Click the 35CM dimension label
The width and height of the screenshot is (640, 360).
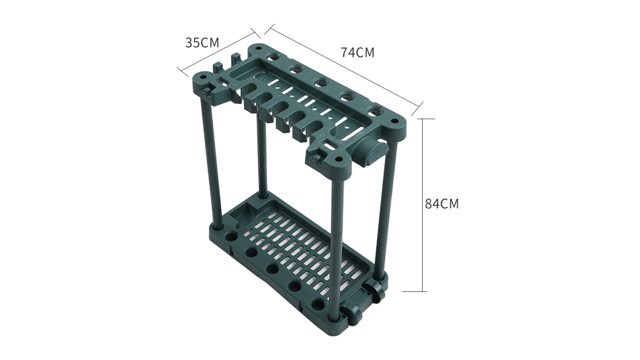pyautogui.click(x=202, y=43)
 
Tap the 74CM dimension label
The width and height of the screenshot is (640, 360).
pyautogui.click(x=358, y=53)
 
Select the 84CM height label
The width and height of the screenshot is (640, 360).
pyautogui.click(x=442, y=204)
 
